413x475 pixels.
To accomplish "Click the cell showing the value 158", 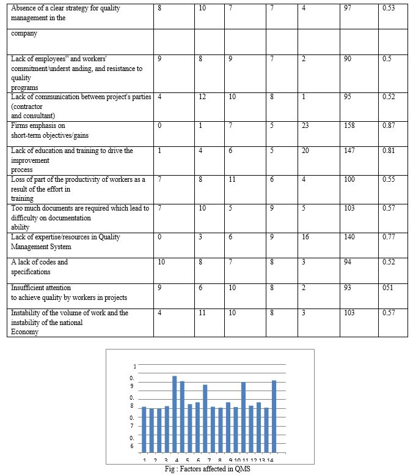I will point(350,126).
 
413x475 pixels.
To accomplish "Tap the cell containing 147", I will point(349,151).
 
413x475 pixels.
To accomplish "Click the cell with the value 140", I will point(349,237).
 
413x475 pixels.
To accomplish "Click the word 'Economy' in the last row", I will point(24,332).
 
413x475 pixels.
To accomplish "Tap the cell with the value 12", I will point(203,97).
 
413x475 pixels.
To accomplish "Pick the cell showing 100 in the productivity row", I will point(349,179).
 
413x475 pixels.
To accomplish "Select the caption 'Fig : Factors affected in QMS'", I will point(208,469).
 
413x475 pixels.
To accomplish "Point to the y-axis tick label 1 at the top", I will point(134,367).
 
